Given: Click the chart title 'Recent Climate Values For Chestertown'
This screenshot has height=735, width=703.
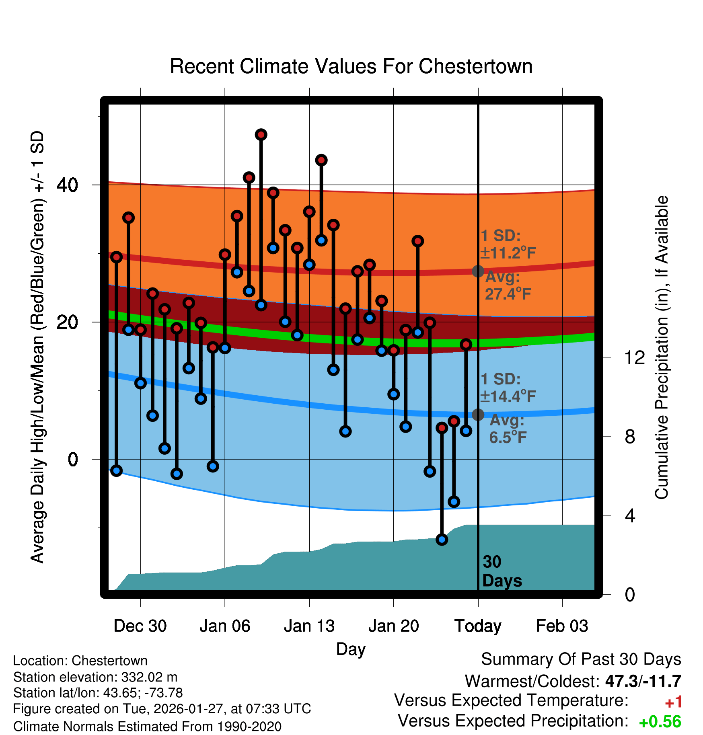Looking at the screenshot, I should tap(351, 66).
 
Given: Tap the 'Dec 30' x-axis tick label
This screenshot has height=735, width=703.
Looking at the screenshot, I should tap(140, 626).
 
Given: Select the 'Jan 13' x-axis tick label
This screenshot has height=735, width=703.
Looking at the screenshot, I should tap(309, 626).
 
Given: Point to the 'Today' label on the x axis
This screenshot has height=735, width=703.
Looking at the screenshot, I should tap(478, 626).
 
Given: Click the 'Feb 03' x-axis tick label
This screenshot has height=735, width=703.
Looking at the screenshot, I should tap(562, 626).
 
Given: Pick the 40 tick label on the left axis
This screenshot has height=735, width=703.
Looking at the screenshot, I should tap(67, 185).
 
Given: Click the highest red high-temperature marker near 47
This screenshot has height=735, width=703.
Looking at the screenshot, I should tap(261, 135).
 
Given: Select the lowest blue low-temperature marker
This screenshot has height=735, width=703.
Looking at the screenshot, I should tap(442, 540).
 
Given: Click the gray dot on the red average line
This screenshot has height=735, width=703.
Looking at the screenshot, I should tap(478, 271).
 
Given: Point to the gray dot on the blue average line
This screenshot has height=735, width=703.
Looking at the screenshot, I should tap(478, 415).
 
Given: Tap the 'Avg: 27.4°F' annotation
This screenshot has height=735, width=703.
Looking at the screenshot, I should tap(508, 286).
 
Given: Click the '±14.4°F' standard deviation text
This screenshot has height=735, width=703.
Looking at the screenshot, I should tap(508, 397).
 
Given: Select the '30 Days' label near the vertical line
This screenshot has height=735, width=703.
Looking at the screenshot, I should tap(502, 571).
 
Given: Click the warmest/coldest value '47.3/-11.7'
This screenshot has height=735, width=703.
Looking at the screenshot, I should tap(643, 681).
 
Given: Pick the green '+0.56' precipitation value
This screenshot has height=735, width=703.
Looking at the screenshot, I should tap(660, 722).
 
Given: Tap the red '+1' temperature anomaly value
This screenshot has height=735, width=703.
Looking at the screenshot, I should tap(673, 702).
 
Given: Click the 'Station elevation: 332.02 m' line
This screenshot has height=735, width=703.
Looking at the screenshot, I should tap(95, 677).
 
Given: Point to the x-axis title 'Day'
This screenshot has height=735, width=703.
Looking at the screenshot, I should tap(351, 649).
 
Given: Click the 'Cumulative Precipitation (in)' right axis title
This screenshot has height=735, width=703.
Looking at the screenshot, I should tap(662, 348).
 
